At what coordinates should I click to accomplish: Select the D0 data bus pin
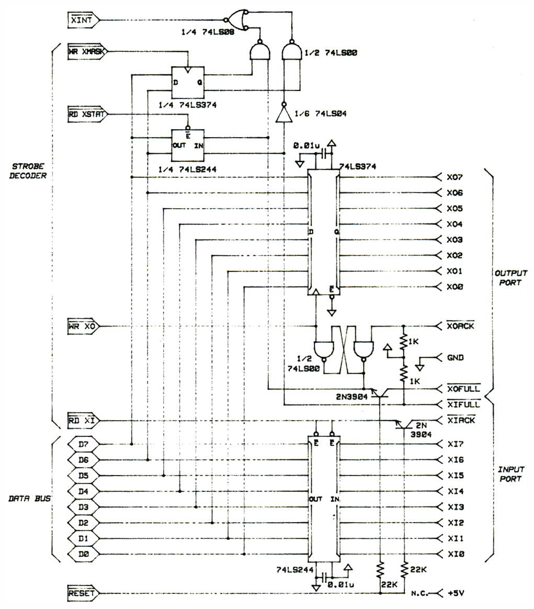tap(83, 554)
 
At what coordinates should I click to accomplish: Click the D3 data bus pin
tap(83, 507)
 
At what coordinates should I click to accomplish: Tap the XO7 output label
tap(454, 177)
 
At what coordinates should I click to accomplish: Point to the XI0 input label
tap(454, 554)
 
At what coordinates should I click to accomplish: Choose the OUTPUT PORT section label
tap(510, 278)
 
